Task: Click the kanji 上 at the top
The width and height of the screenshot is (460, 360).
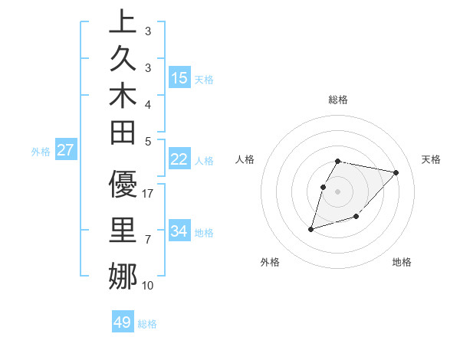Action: coord(123,22)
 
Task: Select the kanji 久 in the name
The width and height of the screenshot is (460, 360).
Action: coord(123,61)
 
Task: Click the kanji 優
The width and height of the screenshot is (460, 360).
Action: coord(123,185)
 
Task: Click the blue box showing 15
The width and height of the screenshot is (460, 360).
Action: coord(179,77)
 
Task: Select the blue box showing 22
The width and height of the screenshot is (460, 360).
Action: coord(179,159)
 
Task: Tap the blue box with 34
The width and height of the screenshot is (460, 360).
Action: coord(179,231)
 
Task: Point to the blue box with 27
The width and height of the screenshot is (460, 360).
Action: coord(66,150)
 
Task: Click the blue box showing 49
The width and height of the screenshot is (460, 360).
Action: coord(123,322)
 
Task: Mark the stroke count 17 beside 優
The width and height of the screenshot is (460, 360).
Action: coord(149,194)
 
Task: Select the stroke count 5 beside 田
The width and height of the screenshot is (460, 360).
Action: coord(147,141)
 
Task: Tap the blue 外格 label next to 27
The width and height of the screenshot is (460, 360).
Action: coord(41,152)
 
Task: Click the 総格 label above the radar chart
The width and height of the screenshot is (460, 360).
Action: coord(338,100)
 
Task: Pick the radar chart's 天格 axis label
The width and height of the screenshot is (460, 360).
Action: coord(431,159)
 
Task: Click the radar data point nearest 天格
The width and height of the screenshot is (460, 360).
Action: coord(396,172)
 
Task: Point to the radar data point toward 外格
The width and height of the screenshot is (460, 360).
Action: coord(311,228)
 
